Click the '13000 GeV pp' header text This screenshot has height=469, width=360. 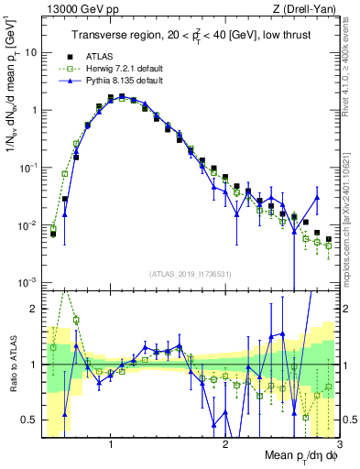coord(77,10)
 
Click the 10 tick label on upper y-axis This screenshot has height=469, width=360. coord(30,53)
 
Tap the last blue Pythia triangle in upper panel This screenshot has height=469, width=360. coord(317,197)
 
